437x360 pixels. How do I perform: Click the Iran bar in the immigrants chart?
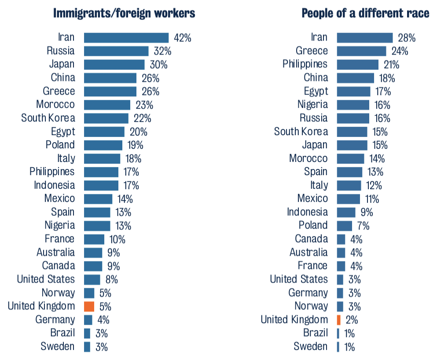point(126,37)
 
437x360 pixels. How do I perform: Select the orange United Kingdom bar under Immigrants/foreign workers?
point(89,306)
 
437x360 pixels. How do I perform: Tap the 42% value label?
point(183,37)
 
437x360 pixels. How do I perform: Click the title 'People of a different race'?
point(365,13)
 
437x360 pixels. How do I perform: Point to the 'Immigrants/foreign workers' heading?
point(124,13)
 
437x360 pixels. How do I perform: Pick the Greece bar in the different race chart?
point(361,51)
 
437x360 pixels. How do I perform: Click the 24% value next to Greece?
point(400,51)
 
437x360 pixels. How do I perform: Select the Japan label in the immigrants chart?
point(62,64)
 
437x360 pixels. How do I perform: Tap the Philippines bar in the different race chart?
point(357,64)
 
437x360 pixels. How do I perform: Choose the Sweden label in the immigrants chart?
point(58,346)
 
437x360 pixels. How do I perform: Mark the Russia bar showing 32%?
point(116,51)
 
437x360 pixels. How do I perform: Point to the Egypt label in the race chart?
point(316,91)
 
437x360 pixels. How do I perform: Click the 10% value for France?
point(117,239)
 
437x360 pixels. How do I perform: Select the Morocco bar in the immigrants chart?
point(107,105)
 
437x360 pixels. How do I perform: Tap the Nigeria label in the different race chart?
point(312,105)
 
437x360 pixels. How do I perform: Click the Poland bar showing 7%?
point(345,226)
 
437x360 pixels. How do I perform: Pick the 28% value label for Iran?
point(406,37)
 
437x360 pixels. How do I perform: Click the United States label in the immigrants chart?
point(46,279)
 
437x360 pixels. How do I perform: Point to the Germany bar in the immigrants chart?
point(88,320)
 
